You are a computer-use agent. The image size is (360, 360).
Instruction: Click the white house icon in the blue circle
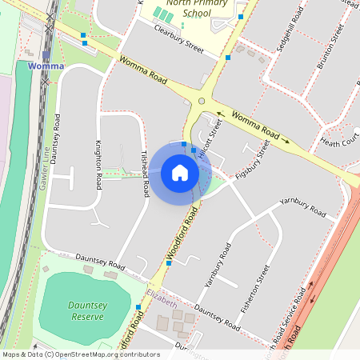[180, 173]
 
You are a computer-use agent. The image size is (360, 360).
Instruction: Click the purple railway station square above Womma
[46, 54]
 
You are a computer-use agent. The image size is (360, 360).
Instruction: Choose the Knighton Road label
[98, 165]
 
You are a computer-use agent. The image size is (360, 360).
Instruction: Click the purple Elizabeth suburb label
[162, 301]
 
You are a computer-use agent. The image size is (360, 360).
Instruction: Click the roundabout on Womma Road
[202, 101]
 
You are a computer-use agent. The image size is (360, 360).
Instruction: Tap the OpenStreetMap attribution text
[82, 354]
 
